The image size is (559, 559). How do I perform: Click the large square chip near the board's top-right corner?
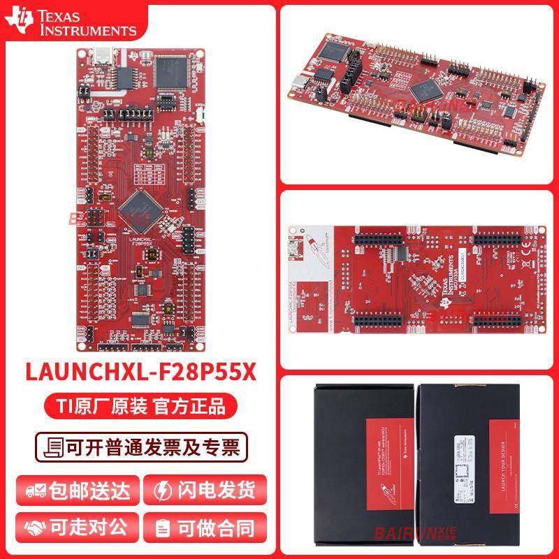coord(168,71)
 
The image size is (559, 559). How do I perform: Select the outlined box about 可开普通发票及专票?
coord(140,447)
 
